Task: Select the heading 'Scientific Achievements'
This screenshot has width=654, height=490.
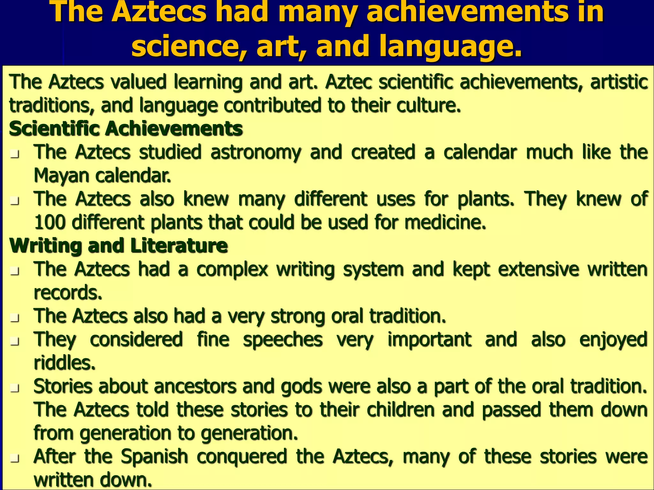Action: coord(126,129)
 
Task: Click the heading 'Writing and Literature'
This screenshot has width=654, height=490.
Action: coord(118,246)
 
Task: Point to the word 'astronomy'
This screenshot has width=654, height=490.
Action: coord(256,152)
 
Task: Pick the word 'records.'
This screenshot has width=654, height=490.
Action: coord(68,293)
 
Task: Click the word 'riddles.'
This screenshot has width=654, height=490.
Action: coord(65,363)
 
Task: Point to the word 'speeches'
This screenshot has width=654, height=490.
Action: coord(283,339)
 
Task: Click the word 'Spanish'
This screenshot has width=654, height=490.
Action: coord(155,457)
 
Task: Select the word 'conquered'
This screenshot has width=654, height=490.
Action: coord(242,457)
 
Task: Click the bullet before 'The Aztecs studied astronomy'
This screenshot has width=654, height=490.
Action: coord(14,154)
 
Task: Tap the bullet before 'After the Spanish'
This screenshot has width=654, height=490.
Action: coord(14,459)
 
